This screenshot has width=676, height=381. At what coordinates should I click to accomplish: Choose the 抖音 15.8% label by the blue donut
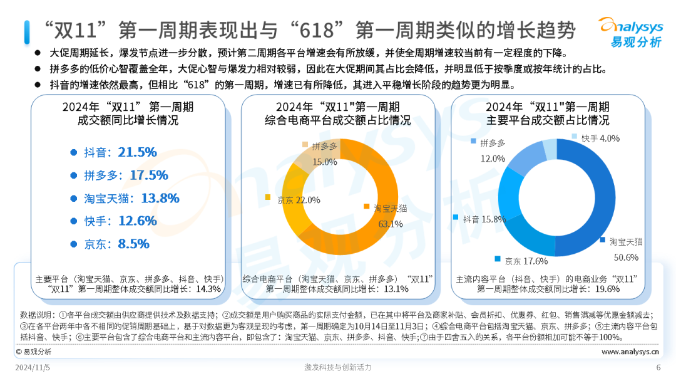tap(484, 219)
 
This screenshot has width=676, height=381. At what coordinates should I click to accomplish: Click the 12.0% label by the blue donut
tap(493, 159)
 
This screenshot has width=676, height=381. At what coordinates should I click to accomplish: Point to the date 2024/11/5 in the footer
tap(33, 367)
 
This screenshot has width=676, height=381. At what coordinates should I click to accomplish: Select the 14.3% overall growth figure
tap(208, 289)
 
